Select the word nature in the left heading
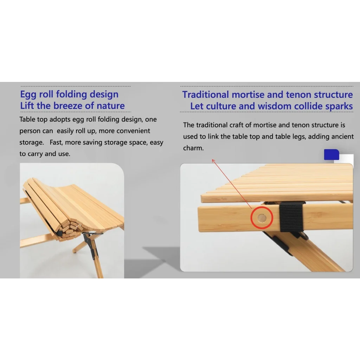111,105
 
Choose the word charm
193,148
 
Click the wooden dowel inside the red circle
262,218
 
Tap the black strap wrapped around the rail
291,217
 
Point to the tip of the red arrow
212,160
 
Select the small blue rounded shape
331,155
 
